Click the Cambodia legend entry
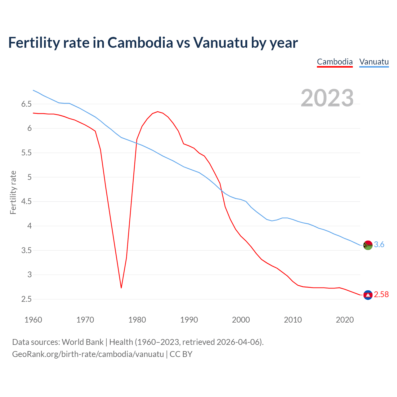tap(335, 62)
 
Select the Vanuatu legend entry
tap(374, 62)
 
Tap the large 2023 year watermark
tap(327, 98)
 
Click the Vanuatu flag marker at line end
tap(368, 245)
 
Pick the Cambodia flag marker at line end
tap(368, 295)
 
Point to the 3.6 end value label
tap(379, 245)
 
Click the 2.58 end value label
tap(381, 295)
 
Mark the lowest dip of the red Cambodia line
tap(121, 288)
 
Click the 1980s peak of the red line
tap(158, 112)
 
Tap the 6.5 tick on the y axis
tap(26, 104)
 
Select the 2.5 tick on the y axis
tap(26, 299)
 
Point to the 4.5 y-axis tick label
tap(26, 202)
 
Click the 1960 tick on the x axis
tap(33, 320)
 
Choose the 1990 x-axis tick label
tap(189, 320)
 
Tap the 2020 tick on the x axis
tap(345, 320)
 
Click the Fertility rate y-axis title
tap(13, 192)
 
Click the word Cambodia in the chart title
tap(140, 43)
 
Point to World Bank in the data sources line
tap(83, 342)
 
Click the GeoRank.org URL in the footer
tap(88, 354)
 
